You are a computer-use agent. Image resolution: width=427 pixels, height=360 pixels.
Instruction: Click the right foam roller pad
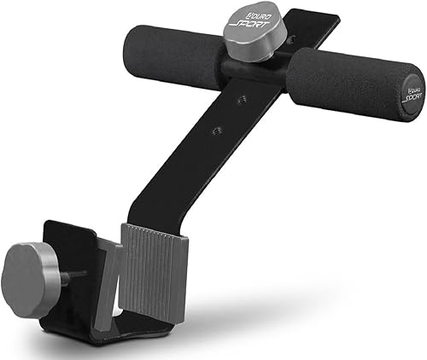tap(342, 83)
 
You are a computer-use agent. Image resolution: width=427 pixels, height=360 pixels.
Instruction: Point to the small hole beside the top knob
tap(291, 38)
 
